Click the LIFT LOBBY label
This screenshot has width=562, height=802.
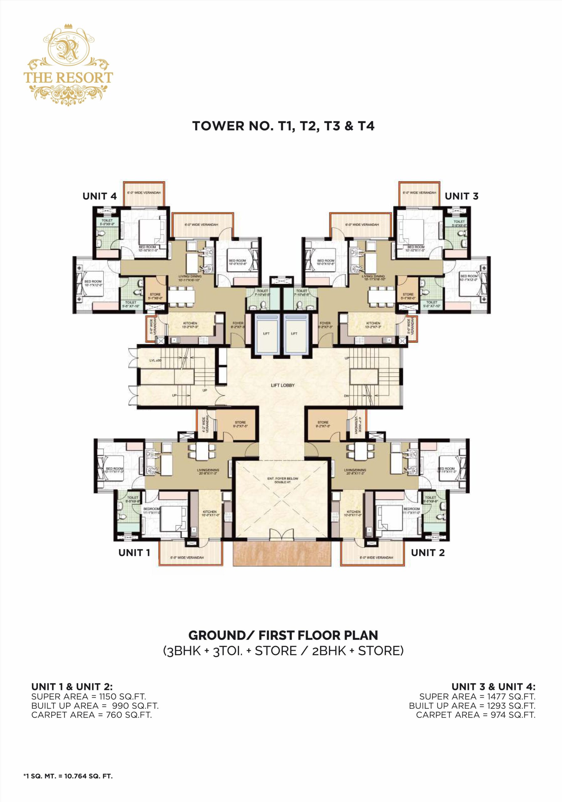pyautogui.click(x=283, y=385)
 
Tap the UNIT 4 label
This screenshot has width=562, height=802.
pyautogui.click(x=100, y=196)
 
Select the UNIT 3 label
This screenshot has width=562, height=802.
pyautogui.click(x=461, y=196)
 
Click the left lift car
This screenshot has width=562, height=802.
pyautogui.click(x=266, y=334)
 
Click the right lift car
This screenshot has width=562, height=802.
pyautogui.click(x=294, y=334)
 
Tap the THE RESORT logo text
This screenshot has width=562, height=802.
pyautogui.click(x=68, y=78)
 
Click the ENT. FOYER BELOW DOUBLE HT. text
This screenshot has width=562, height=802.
pyautogui.click(x=283, y=480)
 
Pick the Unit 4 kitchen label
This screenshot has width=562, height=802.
pyautogui.click(x=190, y=325)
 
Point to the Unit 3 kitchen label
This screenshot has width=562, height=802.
pyautogui.click(x=373, y=325)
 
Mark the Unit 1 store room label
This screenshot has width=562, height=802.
pyautogui.click(x=240, y=424)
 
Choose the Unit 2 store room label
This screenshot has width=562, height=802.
pyautogui.click(x=323, y=424)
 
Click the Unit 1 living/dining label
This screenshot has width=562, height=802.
pyautogui.click(x=208, y=471)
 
